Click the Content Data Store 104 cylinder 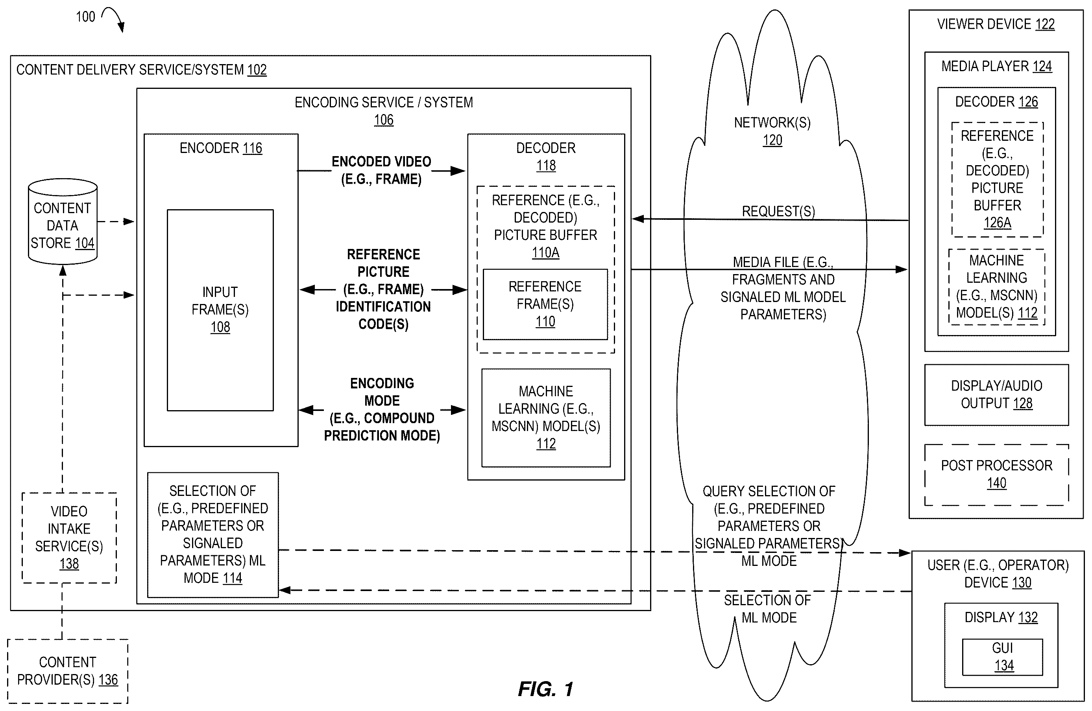[63, 221]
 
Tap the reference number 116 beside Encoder [252, 148]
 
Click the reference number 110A [545, 252]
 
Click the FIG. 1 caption [545, 689]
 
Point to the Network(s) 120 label [772, 131]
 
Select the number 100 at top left [85, 17]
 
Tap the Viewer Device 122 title [996, 24]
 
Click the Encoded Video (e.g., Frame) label [381, 170]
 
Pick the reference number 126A [998, 223]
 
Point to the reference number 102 [257, 70]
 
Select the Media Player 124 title [996, 66]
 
